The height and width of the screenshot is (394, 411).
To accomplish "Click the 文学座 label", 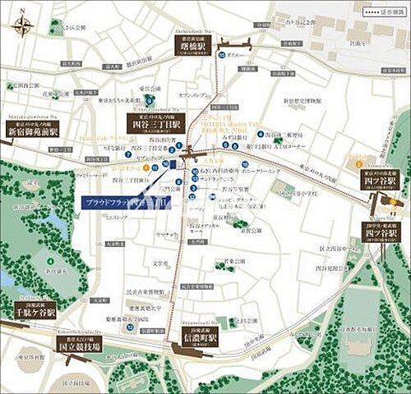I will [159, 263].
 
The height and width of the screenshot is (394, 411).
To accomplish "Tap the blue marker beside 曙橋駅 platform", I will [222, 54].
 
